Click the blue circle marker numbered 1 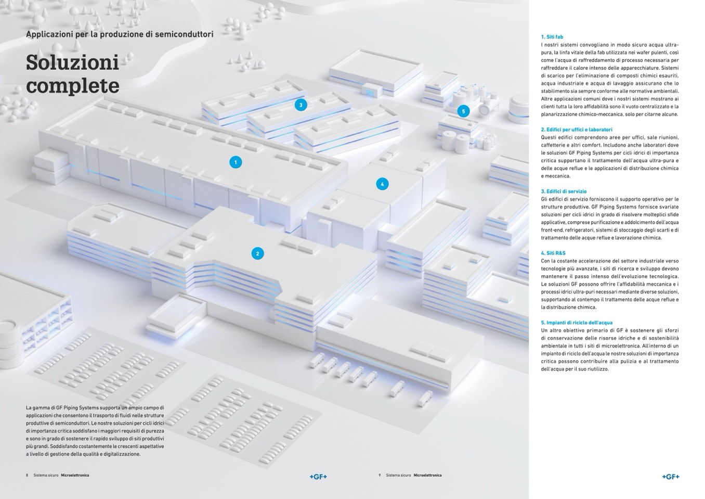pos(236,162)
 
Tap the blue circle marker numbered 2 pos(257,253)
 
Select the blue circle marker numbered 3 pos(301,105)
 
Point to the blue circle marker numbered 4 pos(382,184)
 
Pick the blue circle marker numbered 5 pos(463,111)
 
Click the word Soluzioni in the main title pos(72,62)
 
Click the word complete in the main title pos(72,86)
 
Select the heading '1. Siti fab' pos(552,37)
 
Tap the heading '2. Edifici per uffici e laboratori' pos(577,130)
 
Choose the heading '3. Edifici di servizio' pos(564,191)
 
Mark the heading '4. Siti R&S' pos(553,253)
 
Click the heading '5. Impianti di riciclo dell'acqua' pos(577,323)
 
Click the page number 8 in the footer pos(27,475)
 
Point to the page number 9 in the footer pos(380,475)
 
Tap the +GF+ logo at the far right pos(671,477)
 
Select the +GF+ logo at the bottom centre pos(318,477)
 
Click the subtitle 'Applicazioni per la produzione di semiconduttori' pos(120,34)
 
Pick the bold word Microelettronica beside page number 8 pos(75,475)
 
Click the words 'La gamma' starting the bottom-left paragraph pos(35,408)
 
